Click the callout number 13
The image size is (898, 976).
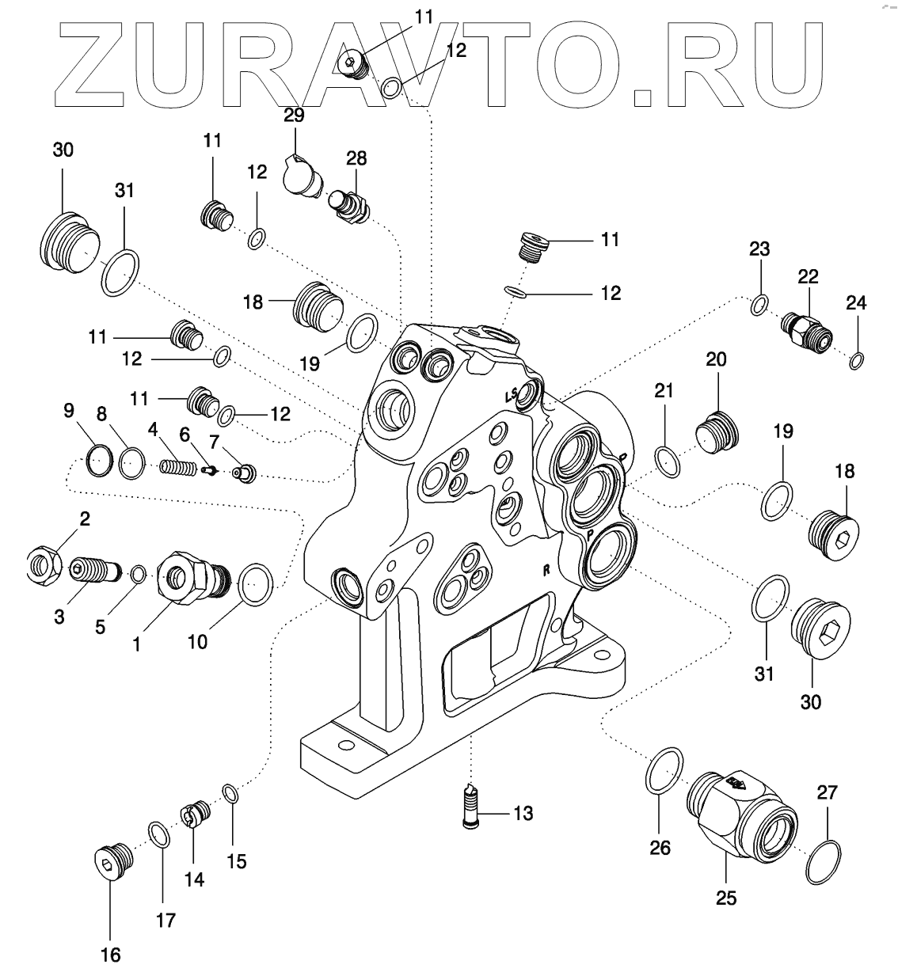[x=523, y=813]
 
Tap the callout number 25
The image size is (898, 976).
[x=725, y=898]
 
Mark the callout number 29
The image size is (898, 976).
[x=295, y=116]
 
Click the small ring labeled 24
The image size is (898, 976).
[x=856, y=362]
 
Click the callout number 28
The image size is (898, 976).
[x=356, y=158]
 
